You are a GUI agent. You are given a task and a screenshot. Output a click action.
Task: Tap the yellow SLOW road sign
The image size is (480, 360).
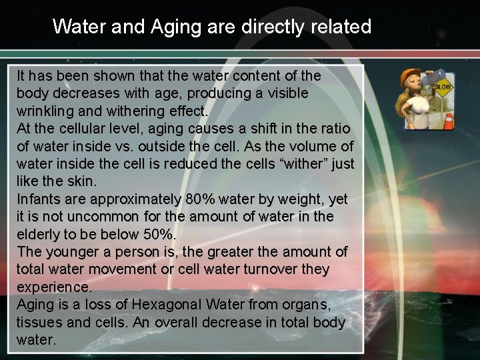click(443, 86)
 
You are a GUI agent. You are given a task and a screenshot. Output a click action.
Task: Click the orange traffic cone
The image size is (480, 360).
click(448, 121)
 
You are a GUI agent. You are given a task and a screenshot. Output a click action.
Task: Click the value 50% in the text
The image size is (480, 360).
click(159, 234)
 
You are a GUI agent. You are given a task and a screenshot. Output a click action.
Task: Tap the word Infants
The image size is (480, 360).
click(37, 199)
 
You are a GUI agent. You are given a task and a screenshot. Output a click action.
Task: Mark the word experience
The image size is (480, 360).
click(54, 287)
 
